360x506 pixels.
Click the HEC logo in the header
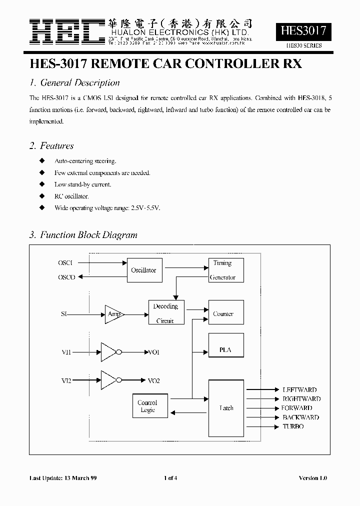66,32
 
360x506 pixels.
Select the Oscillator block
143,270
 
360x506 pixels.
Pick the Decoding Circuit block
165,313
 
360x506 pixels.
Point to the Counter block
226,313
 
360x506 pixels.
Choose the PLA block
226,350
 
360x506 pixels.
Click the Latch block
226,407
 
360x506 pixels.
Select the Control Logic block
147,406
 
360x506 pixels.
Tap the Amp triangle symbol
113,314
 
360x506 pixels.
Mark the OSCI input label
65,262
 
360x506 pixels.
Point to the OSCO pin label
66,277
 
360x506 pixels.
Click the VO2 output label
153,381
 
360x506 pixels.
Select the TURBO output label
293,426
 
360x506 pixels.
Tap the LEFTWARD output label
299,389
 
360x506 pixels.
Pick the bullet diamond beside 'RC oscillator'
42,196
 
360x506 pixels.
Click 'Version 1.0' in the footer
312,478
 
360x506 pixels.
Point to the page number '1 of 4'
170,478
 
